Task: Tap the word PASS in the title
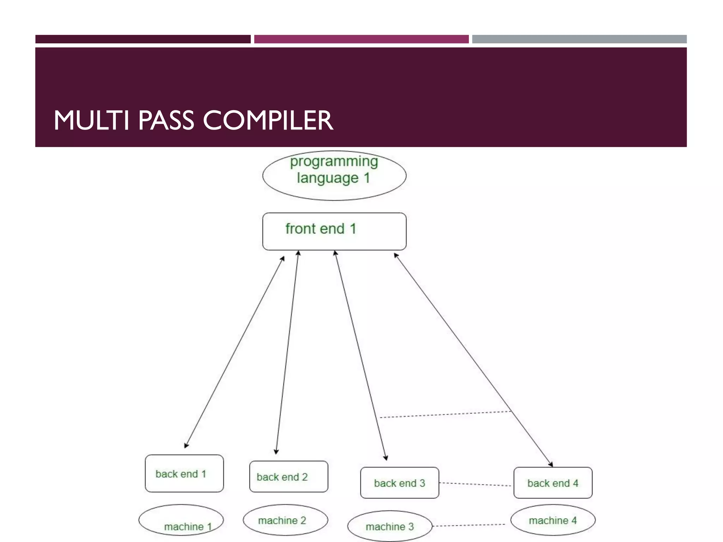166,120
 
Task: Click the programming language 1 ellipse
334,176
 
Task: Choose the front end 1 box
334,231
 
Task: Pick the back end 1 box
184,474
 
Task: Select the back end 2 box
288,476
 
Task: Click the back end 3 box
399,483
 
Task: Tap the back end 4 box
553,483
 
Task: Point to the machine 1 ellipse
181,520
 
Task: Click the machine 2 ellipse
285,520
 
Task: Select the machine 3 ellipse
389,526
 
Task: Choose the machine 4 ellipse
553,520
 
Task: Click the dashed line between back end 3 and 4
476,484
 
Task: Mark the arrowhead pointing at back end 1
186,446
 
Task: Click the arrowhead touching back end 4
551,464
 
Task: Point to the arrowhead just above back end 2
276,452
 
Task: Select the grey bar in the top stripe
579,39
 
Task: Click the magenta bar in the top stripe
361,39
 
